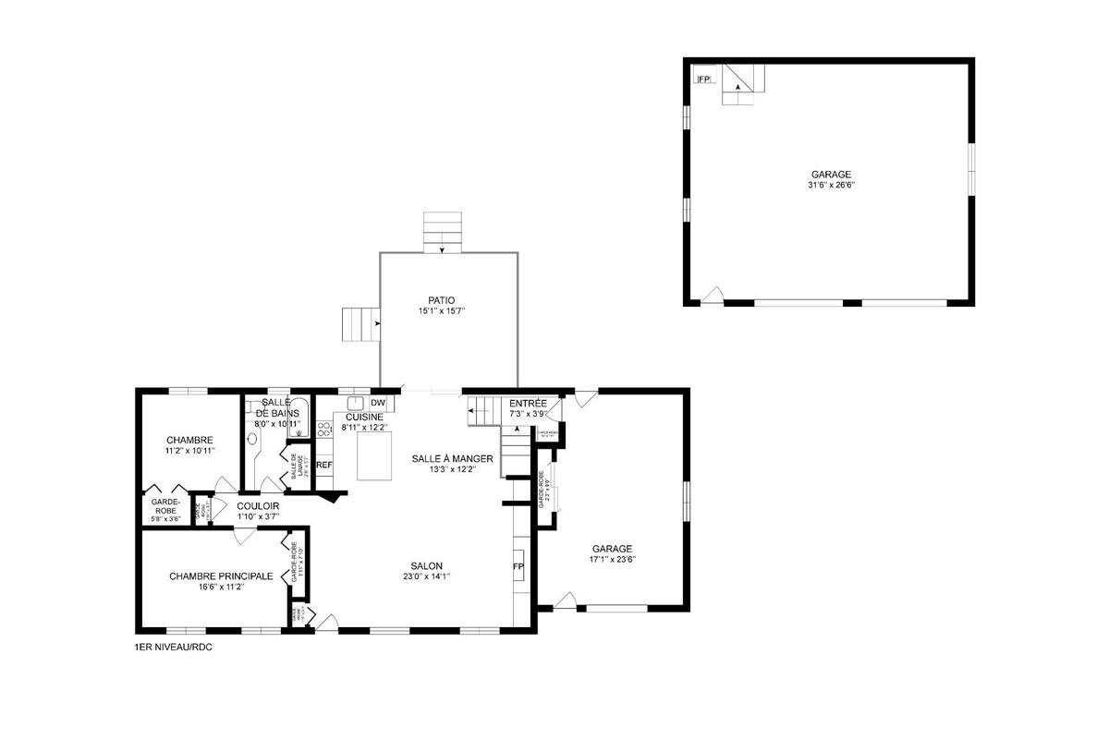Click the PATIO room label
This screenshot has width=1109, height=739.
click(x=441, y=300)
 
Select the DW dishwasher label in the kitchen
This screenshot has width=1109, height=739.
click(x=377, y=403)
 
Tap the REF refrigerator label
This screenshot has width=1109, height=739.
click(x=323, y=465)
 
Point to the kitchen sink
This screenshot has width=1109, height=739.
click(x=355, y=404)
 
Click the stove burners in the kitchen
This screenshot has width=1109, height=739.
click(x=323, y=429)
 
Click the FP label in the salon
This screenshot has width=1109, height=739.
click(x=518, y=566)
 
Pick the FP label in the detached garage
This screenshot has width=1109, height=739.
click(x=704, y=79)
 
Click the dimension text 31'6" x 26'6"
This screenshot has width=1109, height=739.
click(x=831, y=185)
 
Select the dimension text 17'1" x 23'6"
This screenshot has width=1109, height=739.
click(x=613, y=559)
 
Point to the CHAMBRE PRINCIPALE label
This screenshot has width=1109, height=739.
click(x=221, y=575)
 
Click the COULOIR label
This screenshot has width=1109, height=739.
click(x=258, y=506)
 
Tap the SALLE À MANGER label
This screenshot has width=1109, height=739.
click(x=452, y=458)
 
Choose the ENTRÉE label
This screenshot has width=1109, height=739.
click(x=528, y=404)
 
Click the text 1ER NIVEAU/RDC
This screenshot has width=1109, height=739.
click(x=173, y=648)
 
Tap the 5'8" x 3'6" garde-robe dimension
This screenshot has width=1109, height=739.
click(x=164, y=519)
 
